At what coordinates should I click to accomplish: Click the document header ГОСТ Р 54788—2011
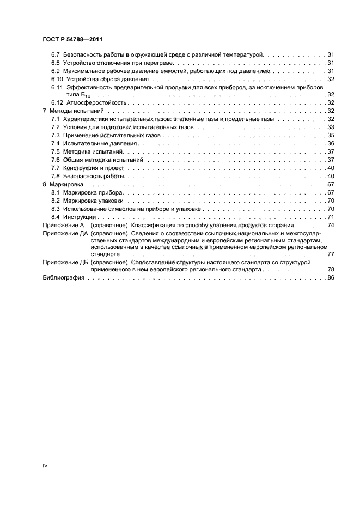pyautogui.click(x=73, y=40)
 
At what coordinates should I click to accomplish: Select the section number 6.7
pyautogui.click(x=55, y=55)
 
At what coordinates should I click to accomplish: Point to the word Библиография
pyautogui.click(x=63, y=278)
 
